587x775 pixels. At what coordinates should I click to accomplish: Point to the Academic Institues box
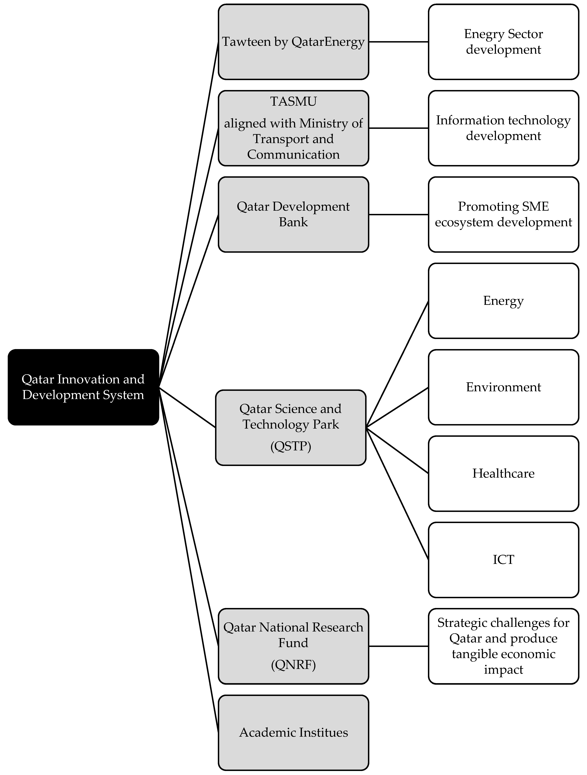293,732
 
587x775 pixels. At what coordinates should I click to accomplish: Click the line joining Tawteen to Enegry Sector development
398,42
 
